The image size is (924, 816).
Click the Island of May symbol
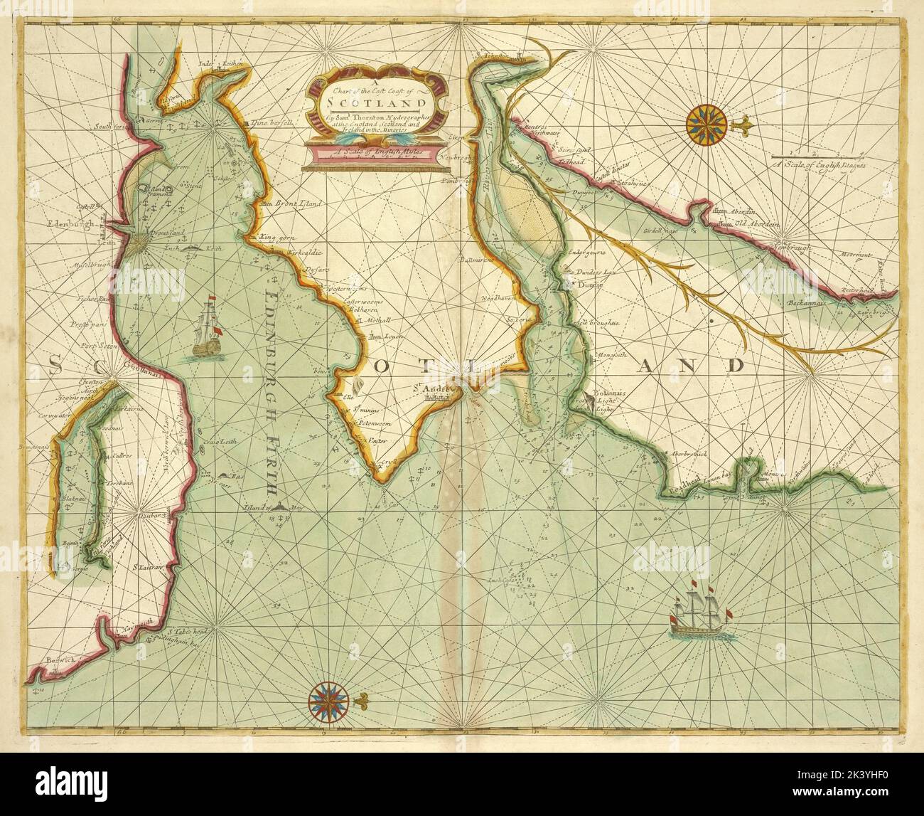285,507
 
